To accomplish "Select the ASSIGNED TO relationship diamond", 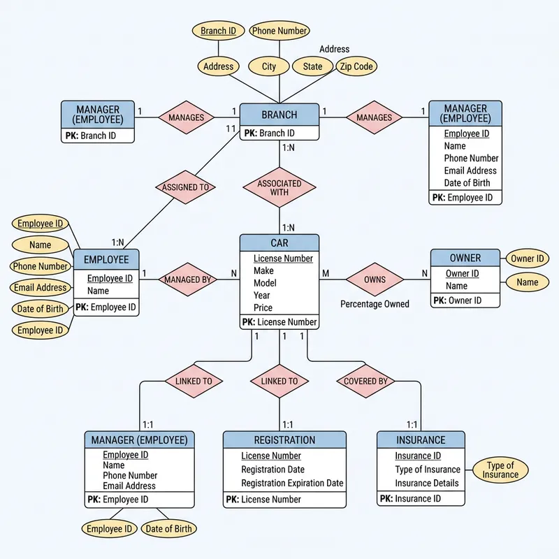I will [x=185, y=187].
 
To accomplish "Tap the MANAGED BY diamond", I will [x=187, y=279].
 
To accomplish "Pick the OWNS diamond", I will [x=375, y=279].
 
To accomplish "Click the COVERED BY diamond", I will [x=365, y=382].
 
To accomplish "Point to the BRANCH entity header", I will [x=279, y=115].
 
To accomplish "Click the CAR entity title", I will [x=279, y=243].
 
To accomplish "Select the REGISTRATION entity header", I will [x=284, y=440].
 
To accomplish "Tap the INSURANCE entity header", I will [x=421, y=440].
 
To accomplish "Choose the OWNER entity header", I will [x=465, y=258].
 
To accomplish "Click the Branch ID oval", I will [x=218, y=31].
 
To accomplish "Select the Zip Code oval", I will [x=357, y=66].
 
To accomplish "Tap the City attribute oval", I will [x=269, y=66].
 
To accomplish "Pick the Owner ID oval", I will [x=527, y=259].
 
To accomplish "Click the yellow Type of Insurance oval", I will [x=500, y=470].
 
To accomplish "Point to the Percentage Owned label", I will [x=375, y=305].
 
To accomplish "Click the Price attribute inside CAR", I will [x=263, y=307].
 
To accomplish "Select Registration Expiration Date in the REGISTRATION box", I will [x=292, y=483].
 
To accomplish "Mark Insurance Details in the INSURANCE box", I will [x=427, y=483].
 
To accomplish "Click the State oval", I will [x=312, y=66].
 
